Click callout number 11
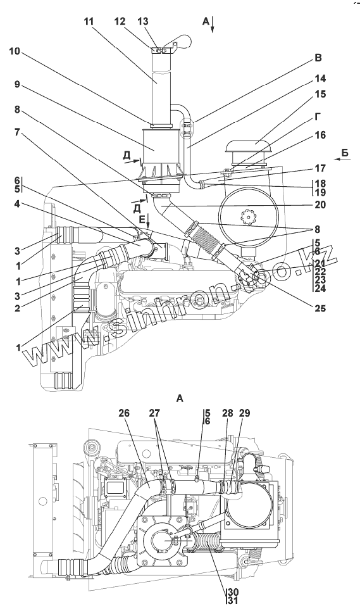click(x=89, y=22)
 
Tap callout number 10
click(x=15, y=52)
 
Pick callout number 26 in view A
click(x=125, y=413)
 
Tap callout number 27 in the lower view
click(x=155, y=413)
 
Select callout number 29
click(x=245, y=413)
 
